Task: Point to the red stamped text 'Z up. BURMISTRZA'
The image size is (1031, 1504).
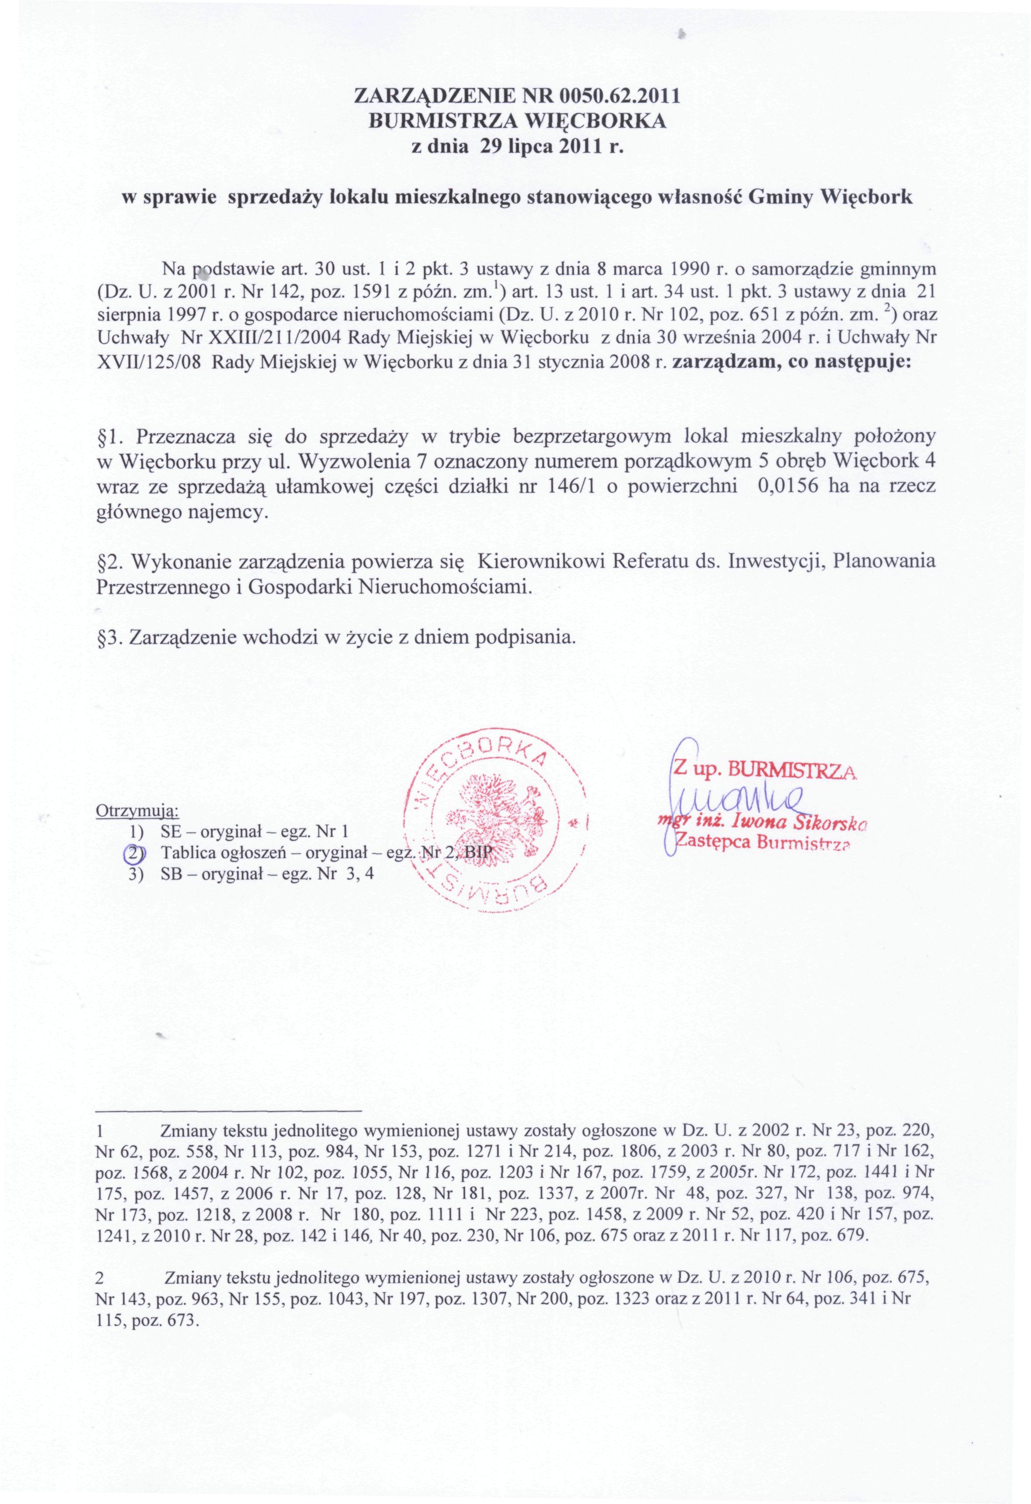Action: point(766,770)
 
